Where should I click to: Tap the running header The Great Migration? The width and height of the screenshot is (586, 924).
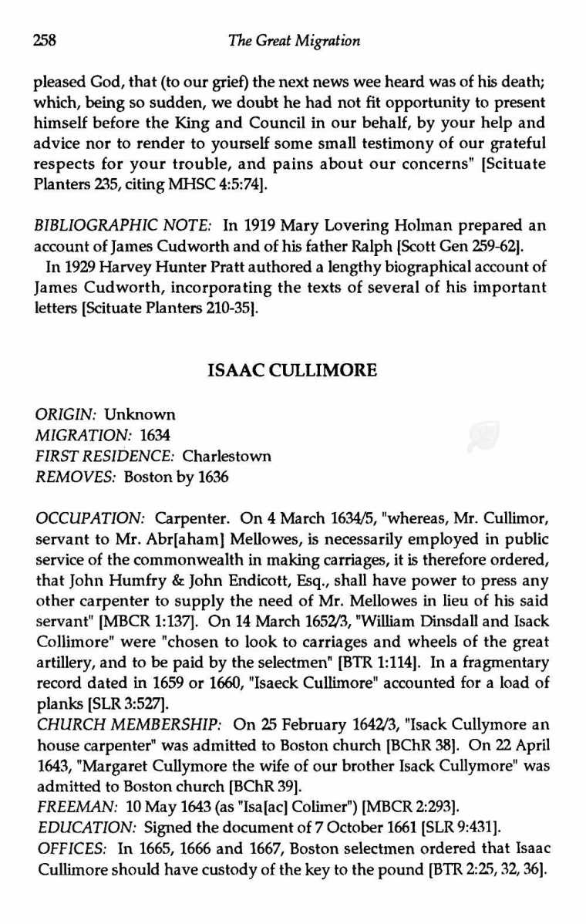pos(294,40)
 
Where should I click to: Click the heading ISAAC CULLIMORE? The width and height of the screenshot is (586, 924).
pos(293,371)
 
